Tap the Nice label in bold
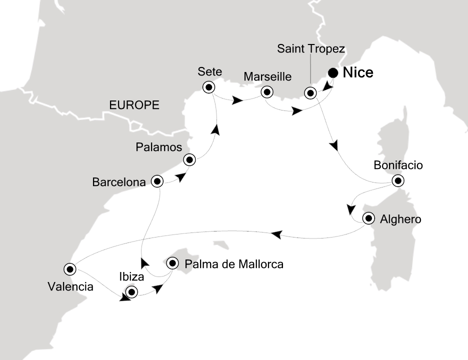tap(358, 73)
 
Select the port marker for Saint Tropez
tap(311, 92)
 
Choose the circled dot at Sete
tap(208, 87)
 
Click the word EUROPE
tap(134, 105)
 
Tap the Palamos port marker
tap(189, 160)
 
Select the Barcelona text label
tap(119, 182)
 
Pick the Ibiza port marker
tap(131, 291)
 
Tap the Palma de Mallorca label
tap(234, 263)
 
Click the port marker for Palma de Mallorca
tap(172, 263)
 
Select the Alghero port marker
tap(369, 218)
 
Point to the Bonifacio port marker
tap(397, 180)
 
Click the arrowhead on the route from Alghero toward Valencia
tap(276, 233)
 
